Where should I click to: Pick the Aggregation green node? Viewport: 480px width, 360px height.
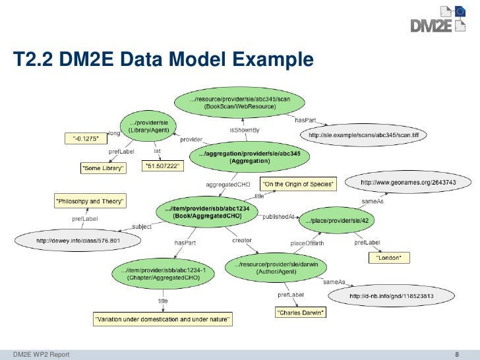[x=249, y=157]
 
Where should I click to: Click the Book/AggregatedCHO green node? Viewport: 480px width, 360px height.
[x=206, y=212]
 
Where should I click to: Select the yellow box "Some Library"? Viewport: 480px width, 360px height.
[x=103, y=169]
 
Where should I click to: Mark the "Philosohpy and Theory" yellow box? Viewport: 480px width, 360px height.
[x=90, y=199]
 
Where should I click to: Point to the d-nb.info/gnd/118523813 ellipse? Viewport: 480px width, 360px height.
[x=391, y=295]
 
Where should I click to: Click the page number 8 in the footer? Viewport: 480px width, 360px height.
[x=458, y=355]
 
